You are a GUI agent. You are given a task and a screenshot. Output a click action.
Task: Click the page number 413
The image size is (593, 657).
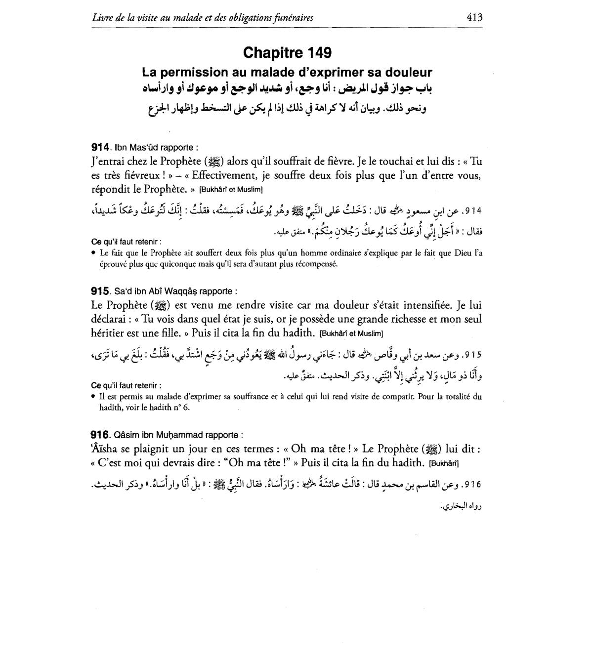click(x=474, y=18)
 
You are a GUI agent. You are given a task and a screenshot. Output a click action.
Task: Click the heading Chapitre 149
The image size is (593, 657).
click(x=287, y=52)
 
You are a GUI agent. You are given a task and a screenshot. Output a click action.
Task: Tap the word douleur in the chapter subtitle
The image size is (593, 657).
click(x=408, y=73)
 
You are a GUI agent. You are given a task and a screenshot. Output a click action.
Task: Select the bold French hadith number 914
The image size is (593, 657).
click(x=101, y=147)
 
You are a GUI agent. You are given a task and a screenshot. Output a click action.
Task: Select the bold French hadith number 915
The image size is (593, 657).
click(x=101, y=291)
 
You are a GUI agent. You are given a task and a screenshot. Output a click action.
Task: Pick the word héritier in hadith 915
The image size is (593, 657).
click(x=110, y=333)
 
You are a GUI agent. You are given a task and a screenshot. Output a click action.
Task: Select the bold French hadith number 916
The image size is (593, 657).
click(x=101, y=435)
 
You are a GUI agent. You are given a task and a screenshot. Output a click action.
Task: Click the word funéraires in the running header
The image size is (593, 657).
click(x=291, y=18)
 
